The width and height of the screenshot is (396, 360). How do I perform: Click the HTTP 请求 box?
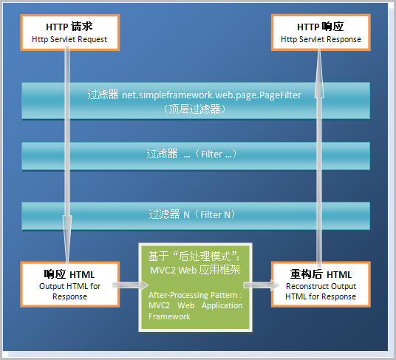tap(70, 33)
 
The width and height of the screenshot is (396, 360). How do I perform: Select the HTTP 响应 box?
tap(321, 33)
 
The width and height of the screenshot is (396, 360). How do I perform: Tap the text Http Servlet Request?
tap(69, 39)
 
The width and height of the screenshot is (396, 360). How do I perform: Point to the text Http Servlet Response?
tap(321, 39)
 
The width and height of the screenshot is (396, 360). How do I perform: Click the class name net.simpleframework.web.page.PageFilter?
tap(211, 95)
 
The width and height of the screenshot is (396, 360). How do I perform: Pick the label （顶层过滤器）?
tap(195, 109)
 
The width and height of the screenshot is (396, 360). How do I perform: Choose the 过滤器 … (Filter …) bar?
tap(196, 156)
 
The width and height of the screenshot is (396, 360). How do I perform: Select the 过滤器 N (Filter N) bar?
tap(196, 216)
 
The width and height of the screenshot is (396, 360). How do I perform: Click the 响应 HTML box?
tap(70, 285)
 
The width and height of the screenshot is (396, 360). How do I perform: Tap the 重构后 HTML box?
tap(321, 285)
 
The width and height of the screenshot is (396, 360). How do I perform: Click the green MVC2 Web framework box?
tap(196, 288)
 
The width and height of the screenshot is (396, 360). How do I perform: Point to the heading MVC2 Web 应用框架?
tap(195, 271)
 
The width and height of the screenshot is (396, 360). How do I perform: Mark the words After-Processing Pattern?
tap(193, 295)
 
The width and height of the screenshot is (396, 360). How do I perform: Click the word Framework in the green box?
tap(169, 316)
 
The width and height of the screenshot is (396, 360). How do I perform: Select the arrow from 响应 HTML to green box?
tap(130, 285)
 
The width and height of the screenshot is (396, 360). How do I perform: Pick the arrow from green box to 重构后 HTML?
tap(262, 285)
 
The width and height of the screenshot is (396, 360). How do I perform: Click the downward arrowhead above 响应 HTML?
tap(67, 240)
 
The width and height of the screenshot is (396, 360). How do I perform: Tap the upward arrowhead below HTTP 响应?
tap(319, 73)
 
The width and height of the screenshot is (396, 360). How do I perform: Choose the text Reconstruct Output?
tap(321, 287)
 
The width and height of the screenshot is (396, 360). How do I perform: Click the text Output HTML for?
tap(69, 287)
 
